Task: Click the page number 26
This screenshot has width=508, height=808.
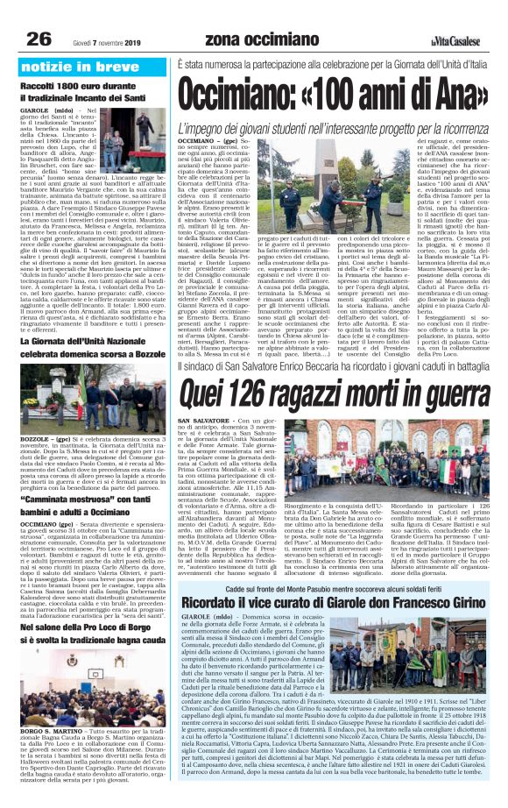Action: pyautogui.click(x=39, y=38)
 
